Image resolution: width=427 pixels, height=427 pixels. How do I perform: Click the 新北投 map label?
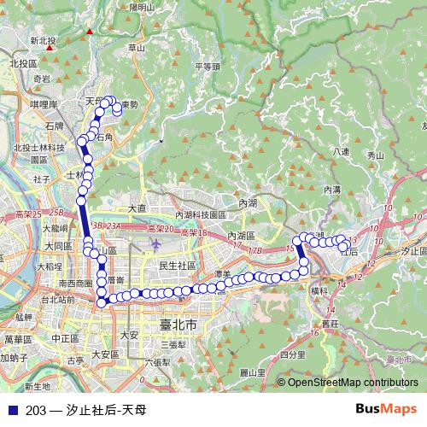coord(42,40)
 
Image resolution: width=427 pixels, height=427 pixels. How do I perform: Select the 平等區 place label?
coord(208,66)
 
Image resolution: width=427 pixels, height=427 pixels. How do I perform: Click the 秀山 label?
coord(375,155)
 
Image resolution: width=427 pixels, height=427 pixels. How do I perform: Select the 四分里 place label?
coord(292,354)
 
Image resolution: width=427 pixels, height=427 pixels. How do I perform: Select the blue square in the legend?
coord(12,410)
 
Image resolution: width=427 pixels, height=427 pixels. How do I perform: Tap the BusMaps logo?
coord(392,409)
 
